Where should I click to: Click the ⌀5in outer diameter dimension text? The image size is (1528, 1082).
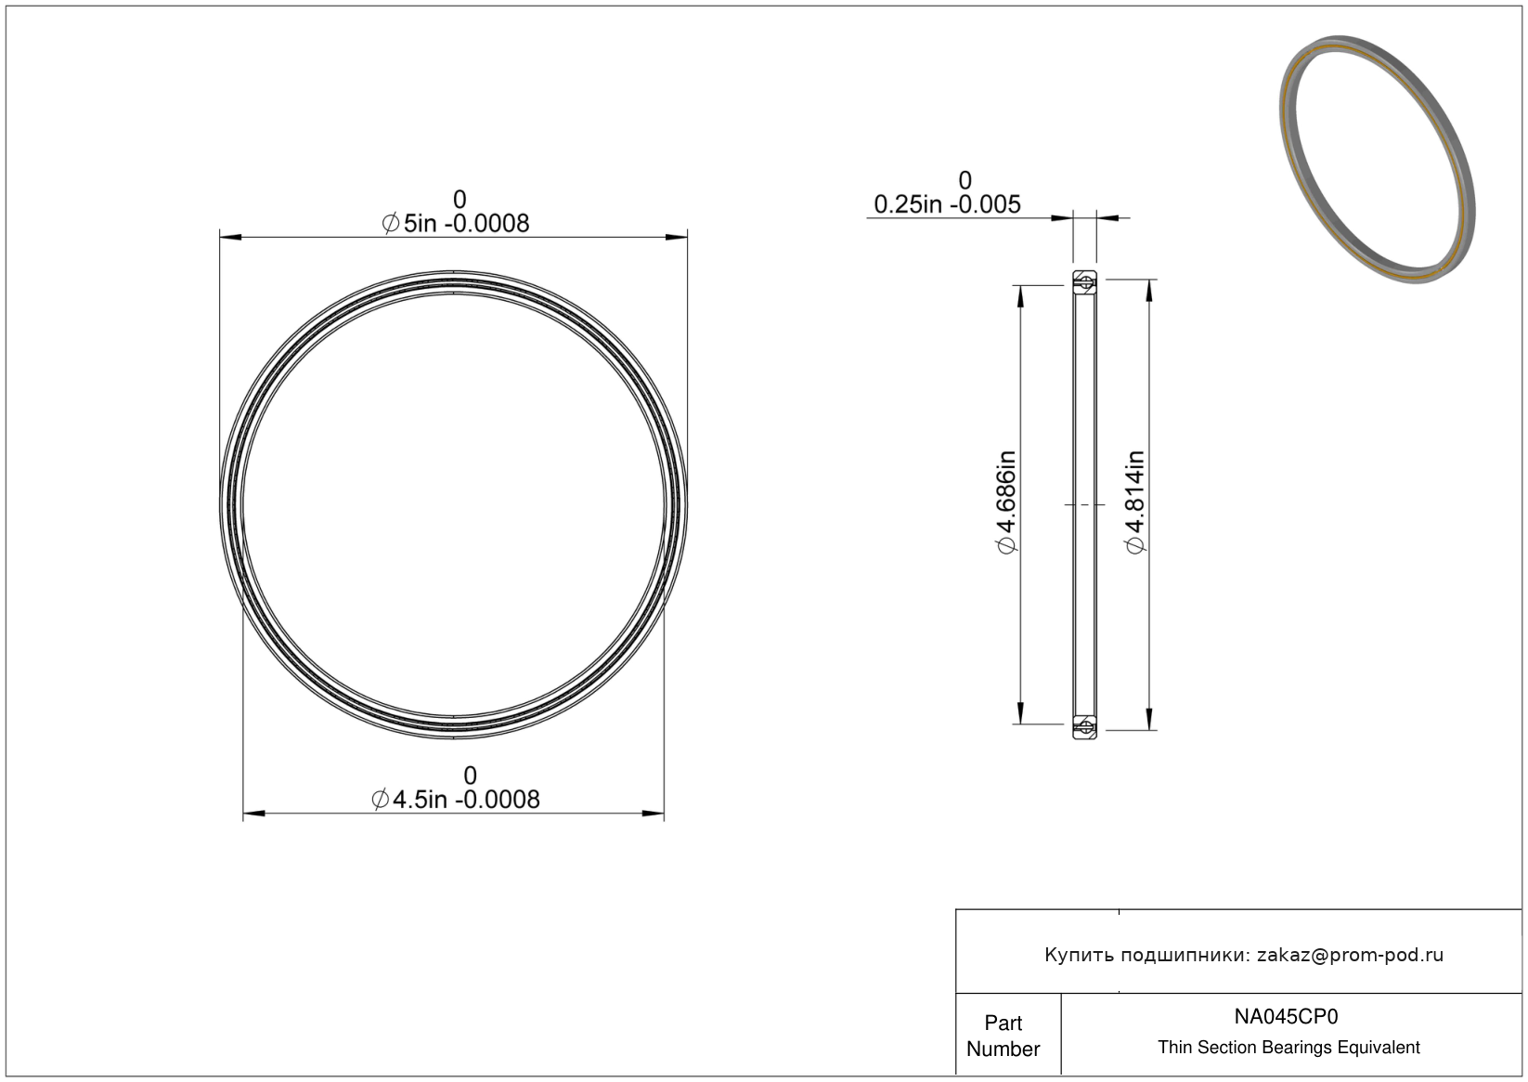click(456, 223)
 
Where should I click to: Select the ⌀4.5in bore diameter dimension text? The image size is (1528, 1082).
click(456, 800)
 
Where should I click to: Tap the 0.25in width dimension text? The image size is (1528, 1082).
click(948, 204)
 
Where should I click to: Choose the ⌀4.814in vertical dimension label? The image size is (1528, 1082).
click(1135, 502)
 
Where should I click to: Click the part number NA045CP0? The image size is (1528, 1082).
click(1286, 1017)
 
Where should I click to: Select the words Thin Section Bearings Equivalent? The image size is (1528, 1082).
click(1288, 1048)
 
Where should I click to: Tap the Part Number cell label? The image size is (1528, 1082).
click(1003, 1036)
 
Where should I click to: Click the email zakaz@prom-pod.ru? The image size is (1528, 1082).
click(1350, 955)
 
